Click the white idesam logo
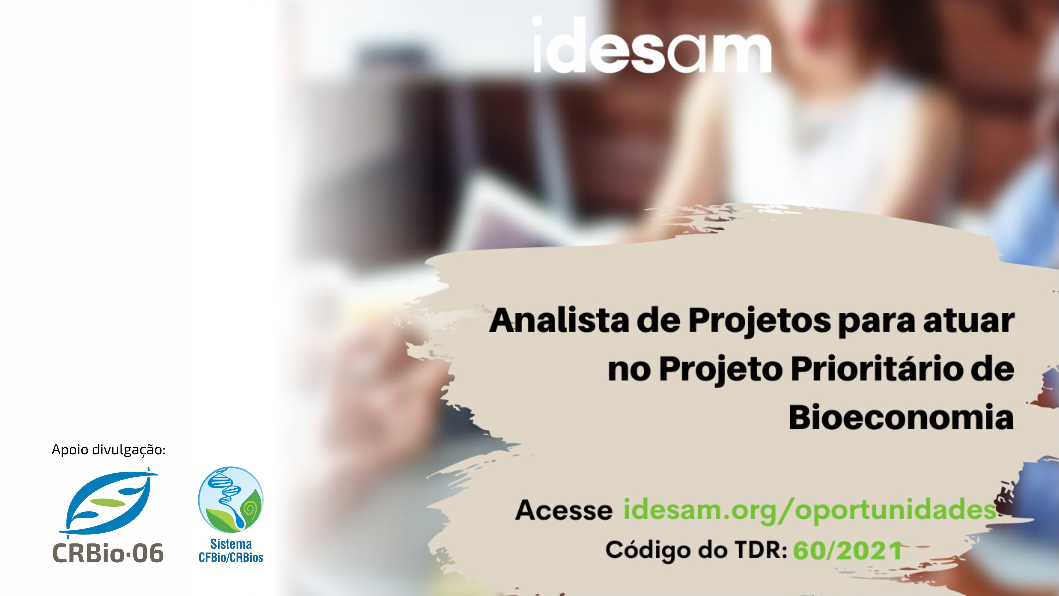point(651,45)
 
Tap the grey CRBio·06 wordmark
point(108,553)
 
